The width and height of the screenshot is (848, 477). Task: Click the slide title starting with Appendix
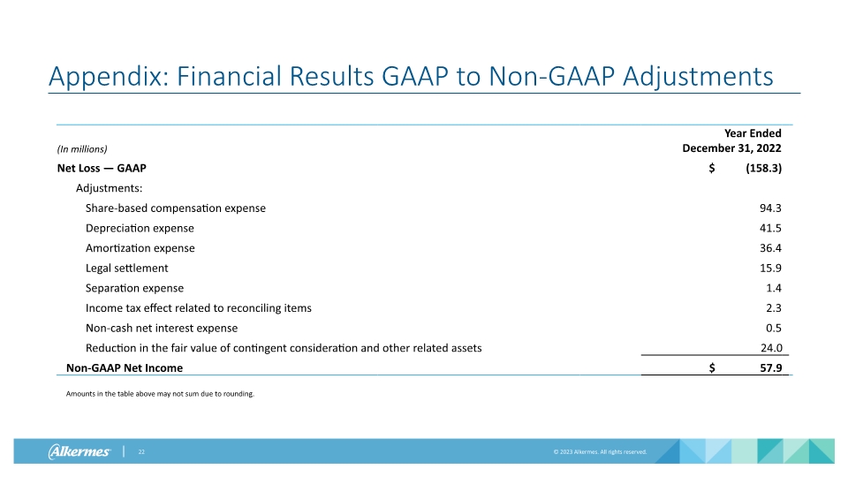pos(411,77)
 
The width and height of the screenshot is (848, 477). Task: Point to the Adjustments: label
pos(109,188)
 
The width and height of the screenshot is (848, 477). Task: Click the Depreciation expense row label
pos(140,228)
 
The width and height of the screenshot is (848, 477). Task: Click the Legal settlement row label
pos(126,268)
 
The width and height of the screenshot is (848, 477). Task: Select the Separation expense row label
pos(134,288)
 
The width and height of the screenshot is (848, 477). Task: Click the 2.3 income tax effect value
pos(774,307)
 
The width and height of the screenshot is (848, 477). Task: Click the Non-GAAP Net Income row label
pos(125,367)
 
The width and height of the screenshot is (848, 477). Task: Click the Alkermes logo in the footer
pos(79,452)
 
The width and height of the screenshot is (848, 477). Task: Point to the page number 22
pos(140,452)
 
